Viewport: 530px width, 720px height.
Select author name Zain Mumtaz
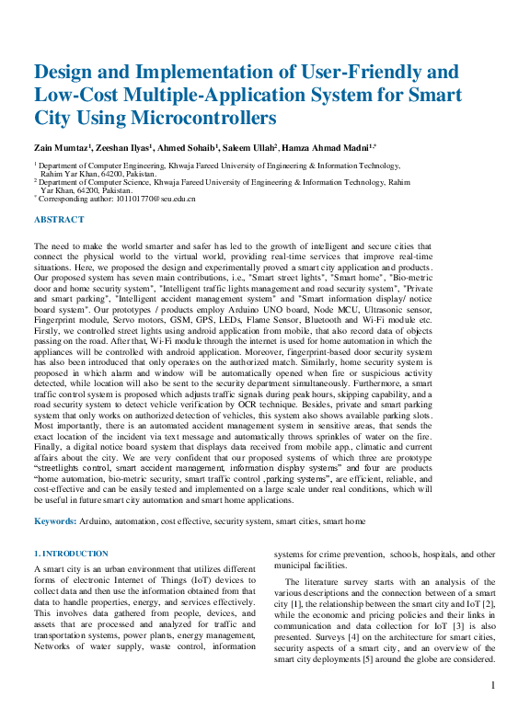(x=61, y=148)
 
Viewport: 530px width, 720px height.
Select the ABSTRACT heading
(x=59, y=220)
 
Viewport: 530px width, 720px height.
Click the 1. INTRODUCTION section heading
(x=72, y=554)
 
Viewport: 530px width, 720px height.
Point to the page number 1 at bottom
(x=494, y=685)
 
